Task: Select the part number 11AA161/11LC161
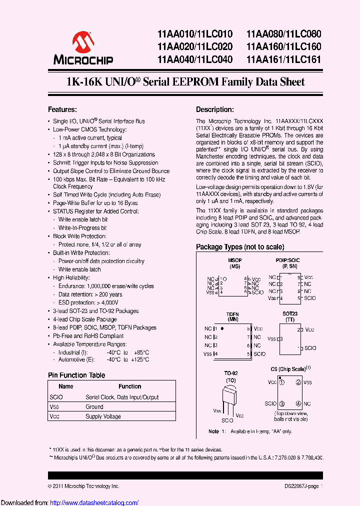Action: click(283, 59)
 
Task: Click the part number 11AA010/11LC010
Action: click(194, 34)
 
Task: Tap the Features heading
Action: click(62, 109)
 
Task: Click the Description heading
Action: click(214, 109)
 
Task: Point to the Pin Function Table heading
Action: click(76, 375)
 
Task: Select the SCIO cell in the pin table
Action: click(56, 397)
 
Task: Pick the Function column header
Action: click(129, 386)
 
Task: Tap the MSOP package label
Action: click(234, 260)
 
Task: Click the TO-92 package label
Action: click(230, 373)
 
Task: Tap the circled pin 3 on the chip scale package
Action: click(282, 403)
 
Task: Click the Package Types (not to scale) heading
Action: click(240, 247)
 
